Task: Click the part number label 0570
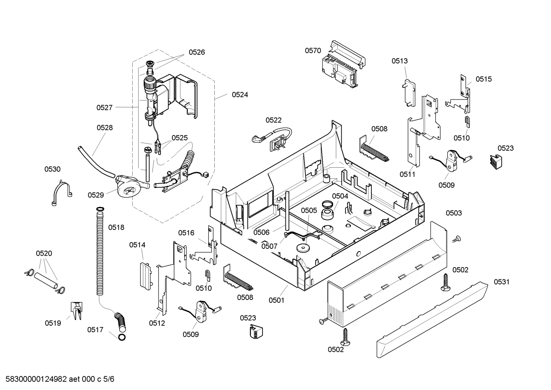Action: (313, 51)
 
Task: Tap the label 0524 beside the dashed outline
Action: (240, 95)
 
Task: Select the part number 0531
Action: (501, 282)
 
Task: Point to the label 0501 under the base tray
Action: (276, 300)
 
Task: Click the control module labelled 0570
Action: (342, 65)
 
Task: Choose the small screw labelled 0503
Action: (455, 239)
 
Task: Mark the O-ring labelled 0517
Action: (122, 337)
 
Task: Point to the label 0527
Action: (104, 108)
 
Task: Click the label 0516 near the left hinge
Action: (186, 233)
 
